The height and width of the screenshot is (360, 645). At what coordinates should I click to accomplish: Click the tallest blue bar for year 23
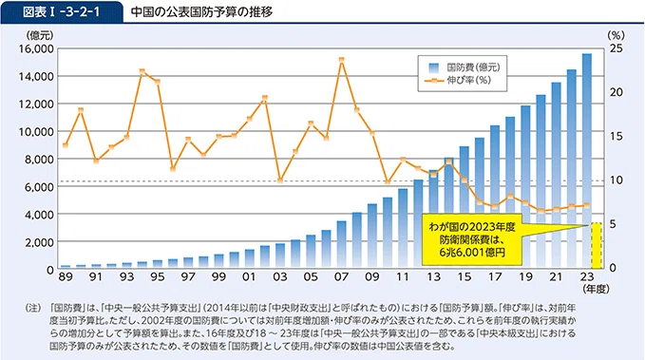pyautogui.click(x=587, y=161)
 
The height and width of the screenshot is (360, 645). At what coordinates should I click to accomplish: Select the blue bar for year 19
pyautogui.click(x=525, y=187)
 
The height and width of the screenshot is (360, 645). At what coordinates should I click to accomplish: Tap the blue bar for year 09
pyautogui.click(x=371, y=237)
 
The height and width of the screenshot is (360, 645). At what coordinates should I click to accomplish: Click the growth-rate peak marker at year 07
pyautogui.click(x=341, y=60)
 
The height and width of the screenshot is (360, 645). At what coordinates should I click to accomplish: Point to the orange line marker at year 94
pyautogui.click(x=142, y=71)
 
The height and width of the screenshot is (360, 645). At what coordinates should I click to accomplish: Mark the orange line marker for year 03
pyautogui.click(x=280, y=180)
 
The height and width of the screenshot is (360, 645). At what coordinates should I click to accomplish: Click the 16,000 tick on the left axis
pyautogui.click(x=36, y=49)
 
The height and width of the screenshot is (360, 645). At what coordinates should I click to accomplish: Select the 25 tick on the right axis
pyautogui.click(x=617, y=48)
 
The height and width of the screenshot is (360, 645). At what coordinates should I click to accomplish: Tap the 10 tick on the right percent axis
pyautogui.click(x=617, y=180)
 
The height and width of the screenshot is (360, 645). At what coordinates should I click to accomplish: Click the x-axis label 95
pyautogui.click(x=157, y=277)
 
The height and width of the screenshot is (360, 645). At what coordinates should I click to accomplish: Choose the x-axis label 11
pyautogui.click(x=403, y=277)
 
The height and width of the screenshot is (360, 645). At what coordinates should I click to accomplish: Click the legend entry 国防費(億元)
pyautogui.click(x=465, y=67)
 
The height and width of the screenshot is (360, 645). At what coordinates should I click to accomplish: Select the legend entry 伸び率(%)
pyautogui.click(x=458, y=80)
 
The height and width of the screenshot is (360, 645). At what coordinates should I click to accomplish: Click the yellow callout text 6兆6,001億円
pyautogui.click(x=472, y=252)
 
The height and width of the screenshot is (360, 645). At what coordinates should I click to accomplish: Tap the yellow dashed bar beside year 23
pyautogui.click(x=597, y=246)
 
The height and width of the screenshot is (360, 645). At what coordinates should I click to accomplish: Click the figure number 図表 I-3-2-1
pyautogui.click(x=62, y=12)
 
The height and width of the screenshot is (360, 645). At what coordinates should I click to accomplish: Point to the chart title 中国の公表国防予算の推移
pyautogui.click(x=201, y=12)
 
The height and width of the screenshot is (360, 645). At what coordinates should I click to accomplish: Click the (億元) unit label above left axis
pyautogui.click(x=40, y=36)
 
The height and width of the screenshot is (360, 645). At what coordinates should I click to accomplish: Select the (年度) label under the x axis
pyautogui.click(x=596, y=289)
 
